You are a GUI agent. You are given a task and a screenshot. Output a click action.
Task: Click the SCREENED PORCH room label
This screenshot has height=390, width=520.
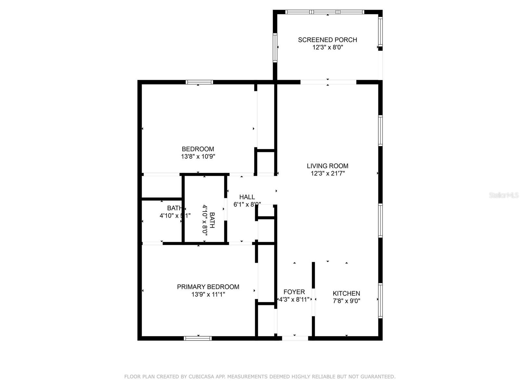[327, 40]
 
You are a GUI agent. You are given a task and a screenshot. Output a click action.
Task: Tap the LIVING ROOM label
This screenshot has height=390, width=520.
[327, 166]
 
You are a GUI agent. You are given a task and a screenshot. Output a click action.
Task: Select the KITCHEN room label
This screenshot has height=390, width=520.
[346, 293]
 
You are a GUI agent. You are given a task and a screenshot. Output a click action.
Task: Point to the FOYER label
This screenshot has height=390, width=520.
[294, 292]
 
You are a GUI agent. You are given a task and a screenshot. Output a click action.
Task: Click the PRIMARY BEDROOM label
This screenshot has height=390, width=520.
[208, 287]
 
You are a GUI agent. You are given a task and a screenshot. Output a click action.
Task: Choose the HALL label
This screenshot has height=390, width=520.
[247, 197]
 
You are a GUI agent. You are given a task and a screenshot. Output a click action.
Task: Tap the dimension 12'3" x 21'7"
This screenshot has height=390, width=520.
[328, 174]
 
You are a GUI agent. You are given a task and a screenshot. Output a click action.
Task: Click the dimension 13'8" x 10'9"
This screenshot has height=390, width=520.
[198, 157]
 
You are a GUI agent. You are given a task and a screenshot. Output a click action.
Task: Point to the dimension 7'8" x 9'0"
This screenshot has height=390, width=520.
[346, 301]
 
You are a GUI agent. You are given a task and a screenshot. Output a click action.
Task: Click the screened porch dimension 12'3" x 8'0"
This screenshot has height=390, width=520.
[328, 47]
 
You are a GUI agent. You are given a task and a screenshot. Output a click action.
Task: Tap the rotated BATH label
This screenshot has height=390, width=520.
[212, 220]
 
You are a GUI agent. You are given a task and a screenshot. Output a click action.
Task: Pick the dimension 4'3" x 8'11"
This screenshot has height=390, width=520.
[294, 300]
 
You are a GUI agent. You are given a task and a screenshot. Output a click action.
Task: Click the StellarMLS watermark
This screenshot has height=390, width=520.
[503, 195]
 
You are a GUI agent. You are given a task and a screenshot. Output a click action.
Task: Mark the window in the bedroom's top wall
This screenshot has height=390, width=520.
[199, 82]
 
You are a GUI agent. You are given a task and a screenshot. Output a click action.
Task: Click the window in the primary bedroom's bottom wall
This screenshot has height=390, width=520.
[198, 338]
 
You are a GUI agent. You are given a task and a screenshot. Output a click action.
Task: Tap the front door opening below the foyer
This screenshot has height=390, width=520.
[295, 338]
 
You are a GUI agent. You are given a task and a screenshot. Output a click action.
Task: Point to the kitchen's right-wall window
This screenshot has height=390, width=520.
[380, 300]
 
